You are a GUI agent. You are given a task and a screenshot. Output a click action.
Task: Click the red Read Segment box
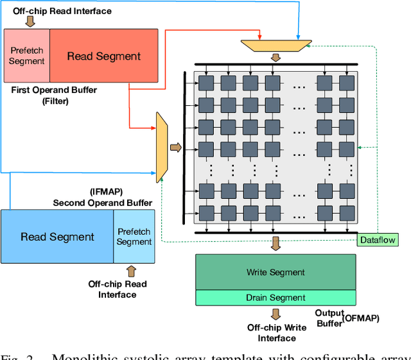[x=103, y=56]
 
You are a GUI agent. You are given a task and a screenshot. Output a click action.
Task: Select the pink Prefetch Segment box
[x=27, y=56]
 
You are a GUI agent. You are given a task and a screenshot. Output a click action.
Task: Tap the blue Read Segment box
[x=57, y=237]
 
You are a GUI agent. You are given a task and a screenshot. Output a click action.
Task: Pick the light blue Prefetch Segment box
[x=134, y=237]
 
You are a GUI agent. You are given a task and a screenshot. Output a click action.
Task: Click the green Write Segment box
[x=275, y=272]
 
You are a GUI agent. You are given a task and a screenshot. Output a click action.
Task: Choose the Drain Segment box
[x=275, y=298]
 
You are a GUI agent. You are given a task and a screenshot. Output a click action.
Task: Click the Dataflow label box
[x=378, y=240]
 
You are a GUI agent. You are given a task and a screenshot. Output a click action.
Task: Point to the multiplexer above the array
[x=275, y=46]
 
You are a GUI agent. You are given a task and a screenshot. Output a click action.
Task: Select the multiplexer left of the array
[x=162, y=146]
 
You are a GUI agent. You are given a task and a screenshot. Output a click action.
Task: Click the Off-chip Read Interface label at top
[x=62, y=11]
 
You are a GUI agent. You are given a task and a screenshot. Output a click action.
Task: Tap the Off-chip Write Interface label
[x=276, y=332]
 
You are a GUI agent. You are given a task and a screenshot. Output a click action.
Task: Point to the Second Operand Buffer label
[x=103, y=203]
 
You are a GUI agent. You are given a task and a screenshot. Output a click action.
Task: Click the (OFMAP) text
[x=362, y=318]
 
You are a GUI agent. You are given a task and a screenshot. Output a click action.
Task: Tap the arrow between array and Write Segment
[x=275, y=243]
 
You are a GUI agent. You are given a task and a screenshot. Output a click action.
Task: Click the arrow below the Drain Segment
[x=275, y=314]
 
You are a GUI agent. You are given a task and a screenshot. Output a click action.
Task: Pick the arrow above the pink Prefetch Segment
[x=27, y=22]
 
